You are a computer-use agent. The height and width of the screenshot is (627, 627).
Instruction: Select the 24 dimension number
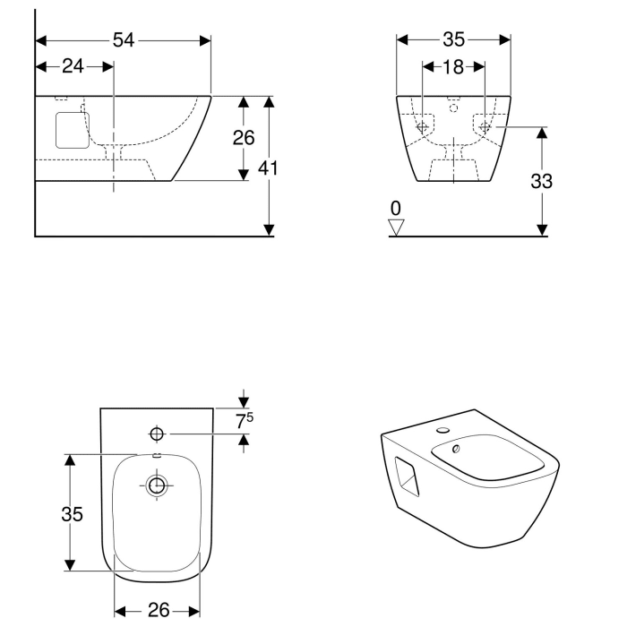pos(73,66)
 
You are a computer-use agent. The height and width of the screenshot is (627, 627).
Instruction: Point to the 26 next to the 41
pos(243,138)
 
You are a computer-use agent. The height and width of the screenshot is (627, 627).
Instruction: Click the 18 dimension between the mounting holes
pos(453,66)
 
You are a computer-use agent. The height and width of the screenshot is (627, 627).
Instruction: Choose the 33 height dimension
pos(541,180)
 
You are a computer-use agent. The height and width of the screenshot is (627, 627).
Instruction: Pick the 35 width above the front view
pos(453,39)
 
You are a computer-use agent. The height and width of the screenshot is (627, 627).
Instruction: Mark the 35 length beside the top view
pos(73,513)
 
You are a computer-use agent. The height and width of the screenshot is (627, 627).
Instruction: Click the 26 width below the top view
pos(158,610)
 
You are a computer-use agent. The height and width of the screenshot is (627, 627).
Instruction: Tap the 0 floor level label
pos(396,209)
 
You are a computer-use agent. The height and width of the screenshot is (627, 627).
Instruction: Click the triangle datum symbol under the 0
pos(397,227)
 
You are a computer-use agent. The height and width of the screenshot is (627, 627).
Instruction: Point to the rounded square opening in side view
pos(68,131)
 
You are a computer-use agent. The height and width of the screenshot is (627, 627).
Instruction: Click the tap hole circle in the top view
pos(157,434)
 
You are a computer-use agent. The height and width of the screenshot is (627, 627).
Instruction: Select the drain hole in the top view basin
pos(157,485)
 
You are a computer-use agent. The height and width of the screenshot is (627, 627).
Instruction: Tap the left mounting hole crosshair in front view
pos(422,128)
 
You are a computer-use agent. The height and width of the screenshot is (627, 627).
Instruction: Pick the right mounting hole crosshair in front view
pos(485,128)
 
